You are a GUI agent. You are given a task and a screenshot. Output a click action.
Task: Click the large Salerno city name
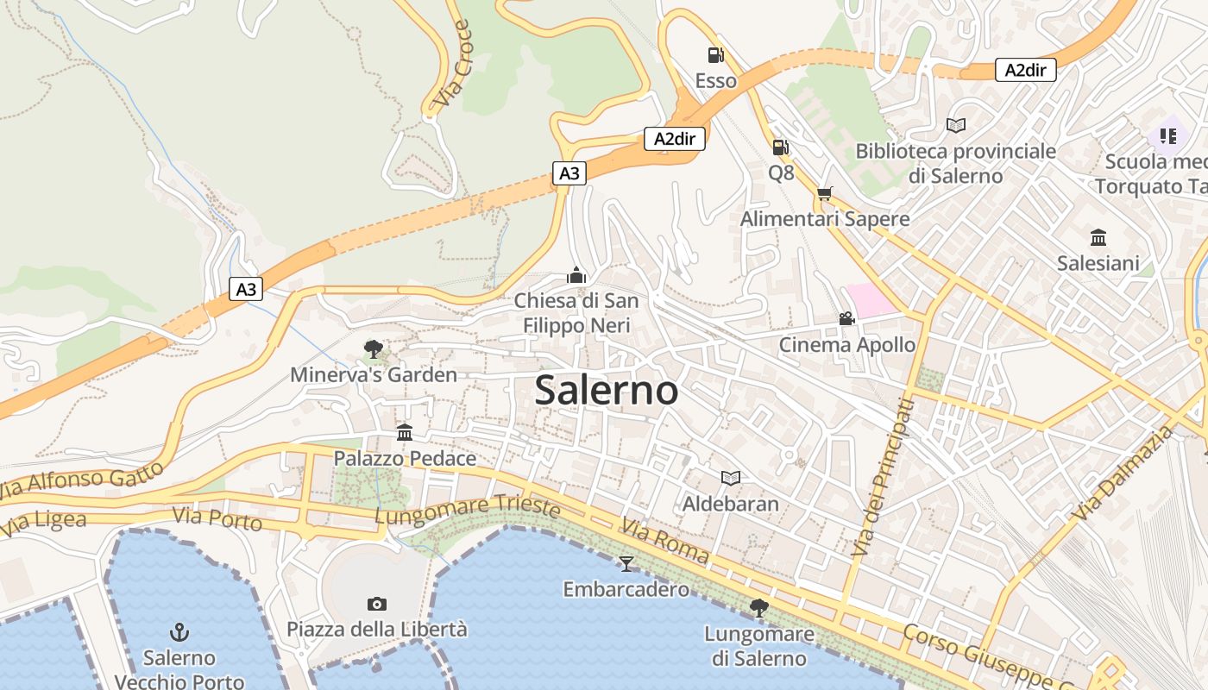607,391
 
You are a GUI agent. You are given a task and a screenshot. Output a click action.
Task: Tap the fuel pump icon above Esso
715,55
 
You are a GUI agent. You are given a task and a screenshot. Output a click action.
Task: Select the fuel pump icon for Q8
780,147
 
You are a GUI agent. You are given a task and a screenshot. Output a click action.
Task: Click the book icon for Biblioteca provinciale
955,126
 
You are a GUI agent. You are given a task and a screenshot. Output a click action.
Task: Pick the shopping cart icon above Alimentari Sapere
824,194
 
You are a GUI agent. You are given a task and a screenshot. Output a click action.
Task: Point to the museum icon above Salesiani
1098,237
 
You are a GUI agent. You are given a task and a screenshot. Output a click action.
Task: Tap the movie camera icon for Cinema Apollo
846,319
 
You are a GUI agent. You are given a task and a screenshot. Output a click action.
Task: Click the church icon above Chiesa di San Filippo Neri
576,275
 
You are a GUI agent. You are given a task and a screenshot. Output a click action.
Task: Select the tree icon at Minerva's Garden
374,349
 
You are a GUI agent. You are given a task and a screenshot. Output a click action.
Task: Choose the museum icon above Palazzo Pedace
405,432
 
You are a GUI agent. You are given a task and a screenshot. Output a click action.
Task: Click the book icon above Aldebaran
731,478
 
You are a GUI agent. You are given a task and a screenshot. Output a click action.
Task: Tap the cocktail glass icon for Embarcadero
626,564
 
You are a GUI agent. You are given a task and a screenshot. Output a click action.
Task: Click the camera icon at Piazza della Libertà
376,604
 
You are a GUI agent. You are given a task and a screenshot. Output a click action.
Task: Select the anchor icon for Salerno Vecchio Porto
179,632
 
